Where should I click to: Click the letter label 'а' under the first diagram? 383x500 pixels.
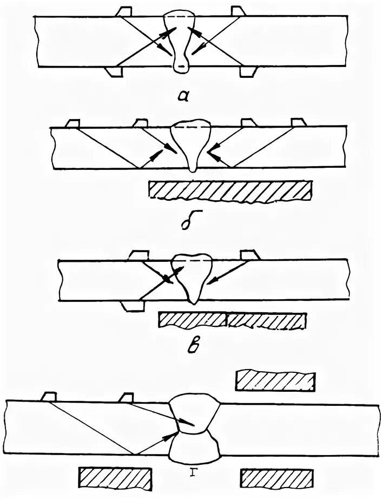click(184, 96)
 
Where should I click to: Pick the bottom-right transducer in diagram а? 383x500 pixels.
click(247, 72)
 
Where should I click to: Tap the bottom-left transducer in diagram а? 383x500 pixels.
click(115, 72)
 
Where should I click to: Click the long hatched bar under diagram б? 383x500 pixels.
click(230, 190)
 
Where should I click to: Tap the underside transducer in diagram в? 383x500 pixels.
click(133, 307)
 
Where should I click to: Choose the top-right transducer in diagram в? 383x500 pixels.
click(250, 254)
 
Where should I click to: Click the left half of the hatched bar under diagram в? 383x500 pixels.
click(192, 320)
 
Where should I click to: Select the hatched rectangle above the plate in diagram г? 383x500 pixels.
click(275, 380)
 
